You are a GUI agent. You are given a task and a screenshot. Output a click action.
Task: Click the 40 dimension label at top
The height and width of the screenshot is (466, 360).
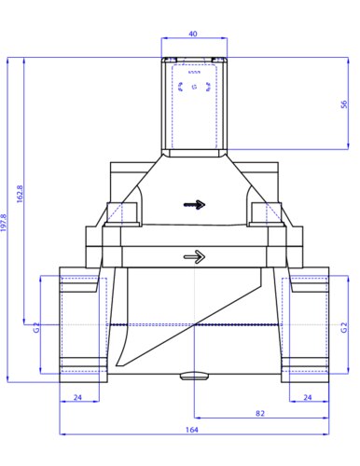pyautogui.click(x=193, y=34)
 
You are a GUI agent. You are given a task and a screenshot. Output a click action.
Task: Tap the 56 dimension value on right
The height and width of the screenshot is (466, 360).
pyautogui.click(x=344, y=104)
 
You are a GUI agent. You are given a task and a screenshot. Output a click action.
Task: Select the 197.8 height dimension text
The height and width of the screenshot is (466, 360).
pyautogui.click(x=4, y=223)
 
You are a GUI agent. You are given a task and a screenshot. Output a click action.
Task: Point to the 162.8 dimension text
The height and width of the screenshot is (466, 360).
pyautogui.click(x=20, y=194)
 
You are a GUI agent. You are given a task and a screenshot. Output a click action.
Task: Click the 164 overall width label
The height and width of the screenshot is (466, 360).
pyautogui.click(x=192, y=430)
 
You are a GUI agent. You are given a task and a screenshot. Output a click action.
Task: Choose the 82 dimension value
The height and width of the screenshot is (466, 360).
pyautogui.click(x=260, y=413)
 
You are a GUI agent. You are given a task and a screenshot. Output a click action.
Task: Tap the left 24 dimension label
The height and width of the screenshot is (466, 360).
pyautogui.click(x=77, y=397)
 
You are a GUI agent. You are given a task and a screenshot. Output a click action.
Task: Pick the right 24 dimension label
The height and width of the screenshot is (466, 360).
pyautogui.click(x=308, y=397)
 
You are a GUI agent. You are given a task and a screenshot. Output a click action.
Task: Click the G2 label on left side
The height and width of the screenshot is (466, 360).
pyautogui.click(x=36, y=327)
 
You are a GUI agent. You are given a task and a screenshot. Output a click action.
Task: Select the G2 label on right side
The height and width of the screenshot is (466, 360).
pyautogui.click(x=344, y=327)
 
